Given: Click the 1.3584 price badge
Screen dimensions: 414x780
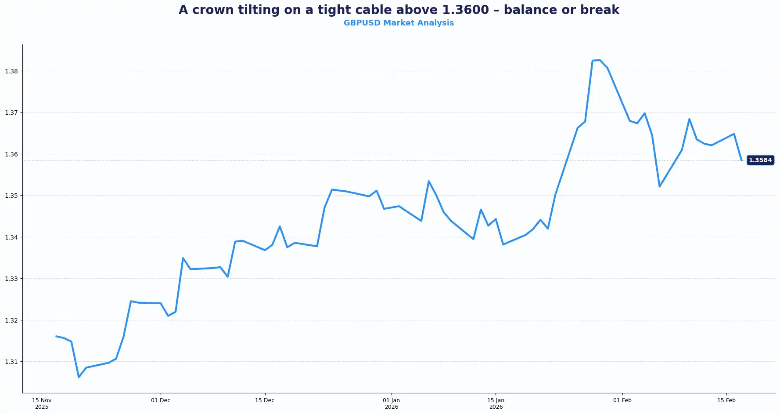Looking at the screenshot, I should point(760,160).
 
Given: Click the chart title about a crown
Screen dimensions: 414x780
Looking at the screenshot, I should point(399,10).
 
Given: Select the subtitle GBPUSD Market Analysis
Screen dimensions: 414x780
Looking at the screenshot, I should point(399,23).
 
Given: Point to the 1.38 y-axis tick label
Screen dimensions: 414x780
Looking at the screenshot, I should point(11,71).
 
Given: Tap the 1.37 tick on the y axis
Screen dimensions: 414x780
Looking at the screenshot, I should point(11,113).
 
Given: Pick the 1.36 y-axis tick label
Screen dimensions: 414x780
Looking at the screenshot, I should point(11,154).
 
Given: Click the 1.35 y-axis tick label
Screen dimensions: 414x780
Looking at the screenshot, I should point(11,196).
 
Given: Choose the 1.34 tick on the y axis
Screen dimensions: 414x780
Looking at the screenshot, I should point(11,237).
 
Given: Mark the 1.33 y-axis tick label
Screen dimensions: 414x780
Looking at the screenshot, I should point(11,279).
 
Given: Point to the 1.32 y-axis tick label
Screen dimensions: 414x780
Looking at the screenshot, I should point(11,320).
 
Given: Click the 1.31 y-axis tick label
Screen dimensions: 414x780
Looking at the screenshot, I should point(11,362).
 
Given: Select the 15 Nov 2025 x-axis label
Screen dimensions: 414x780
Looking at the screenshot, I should point(42,403).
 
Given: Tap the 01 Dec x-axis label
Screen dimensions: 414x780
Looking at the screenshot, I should point(161,400).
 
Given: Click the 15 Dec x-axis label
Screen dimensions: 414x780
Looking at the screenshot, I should point(265,400).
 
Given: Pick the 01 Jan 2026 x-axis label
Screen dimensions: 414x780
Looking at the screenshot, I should point(392,403).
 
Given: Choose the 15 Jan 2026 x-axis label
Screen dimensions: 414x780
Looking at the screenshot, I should point(496,403).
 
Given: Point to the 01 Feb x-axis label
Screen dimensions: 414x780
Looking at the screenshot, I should point(622,400).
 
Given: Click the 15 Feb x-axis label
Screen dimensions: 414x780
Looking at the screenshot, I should point(726,400).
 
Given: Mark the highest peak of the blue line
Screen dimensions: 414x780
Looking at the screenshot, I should point(600,60).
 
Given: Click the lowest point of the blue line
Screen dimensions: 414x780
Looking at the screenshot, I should point(79,377).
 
